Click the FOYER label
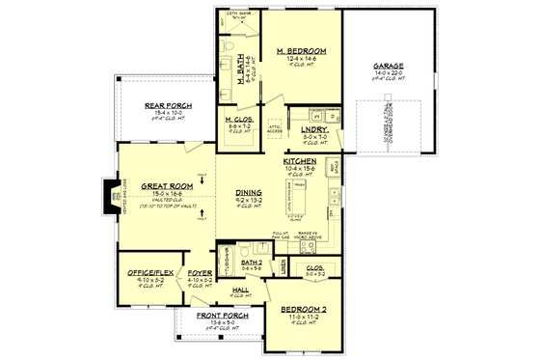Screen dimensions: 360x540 pos(201,273)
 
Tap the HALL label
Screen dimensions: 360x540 pos(240,289)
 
